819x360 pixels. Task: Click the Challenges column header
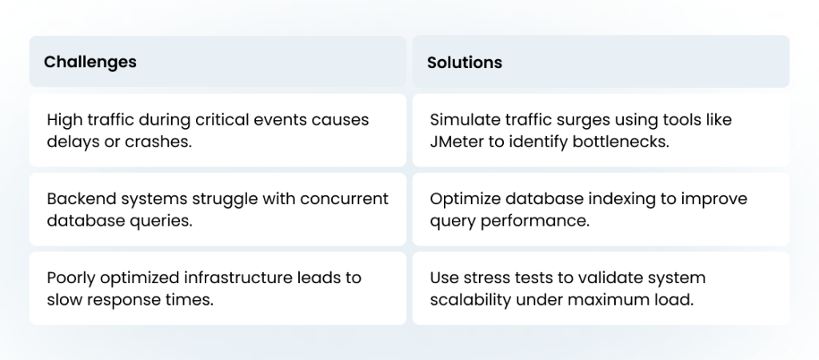click(x=90, y=62)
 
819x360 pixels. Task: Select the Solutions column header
click(x=465, y=62)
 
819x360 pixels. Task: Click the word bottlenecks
click(x=621, y=142)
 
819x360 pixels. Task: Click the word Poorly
click(x=71, y=278)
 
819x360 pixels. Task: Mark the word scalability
click(x=470, y=300)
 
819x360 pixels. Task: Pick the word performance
click(x=535, y=222)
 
